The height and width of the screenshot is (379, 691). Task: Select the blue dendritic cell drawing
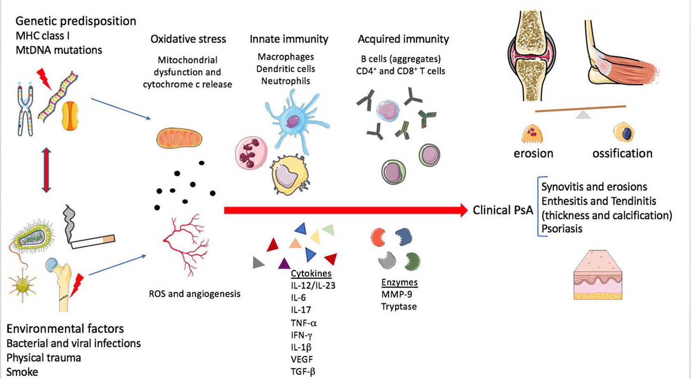tap(294, 121)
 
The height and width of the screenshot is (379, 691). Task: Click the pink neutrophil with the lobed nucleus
tap(251, 153)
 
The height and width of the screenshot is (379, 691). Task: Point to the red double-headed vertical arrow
tap(46, 170)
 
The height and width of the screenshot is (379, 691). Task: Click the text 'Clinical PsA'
tap(502, 210)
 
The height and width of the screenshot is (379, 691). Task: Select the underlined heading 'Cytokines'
tap(311, 273)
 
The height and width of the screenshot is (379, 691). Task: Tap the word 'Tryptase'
tap(399, 307)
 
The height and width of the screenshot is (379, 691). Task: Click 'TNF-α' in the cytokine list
tap(304, 323)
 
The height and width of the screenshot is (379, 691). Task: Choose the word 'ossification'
tap(622, 154)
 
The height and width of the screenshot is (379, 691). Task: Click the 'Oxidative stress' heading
tap(188, 39)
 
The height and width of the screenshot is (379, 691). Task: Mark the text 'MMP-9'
tap(396, 294)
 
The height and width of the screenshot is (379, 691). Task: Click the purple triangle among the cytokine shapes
tap(284, 263)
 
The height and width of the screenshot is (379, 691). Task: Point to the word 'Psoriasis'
tap(561, 229)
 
